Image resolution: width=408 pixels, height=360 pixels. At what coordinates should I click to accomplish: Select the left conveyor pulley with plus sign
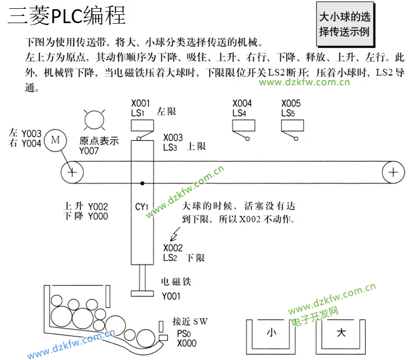[x=72, y=172]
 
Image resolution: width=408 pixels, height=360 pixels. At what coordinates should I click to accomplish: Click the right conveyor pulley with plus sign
[x=393, y=172]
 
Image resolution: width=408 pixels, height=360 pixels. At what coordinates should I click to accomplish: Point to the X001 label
[x=141, y=103]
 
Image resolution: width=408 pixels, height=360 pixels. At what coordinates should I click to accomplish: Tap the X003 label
[x=173, y=138]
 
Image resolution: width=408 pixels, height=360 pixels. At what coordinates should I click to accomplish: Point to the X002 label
[x=173, y=248]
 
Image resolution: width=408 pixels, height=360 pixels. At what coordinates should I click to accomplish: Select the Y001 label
[x=171, y=296]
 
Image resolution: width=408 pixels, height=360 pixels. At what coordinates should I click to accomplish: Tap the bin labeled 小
[x=271, y=333]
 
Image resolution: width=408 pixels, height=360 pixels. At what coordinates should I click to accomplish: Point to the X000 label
[x=187, y=343]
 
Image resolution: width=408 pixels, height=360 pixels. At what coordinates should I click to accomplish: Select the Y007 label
[x=89, y=151]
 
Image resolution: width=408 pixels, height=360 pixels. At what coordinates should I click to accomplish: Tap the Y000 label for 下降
[x=98, y=217]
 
